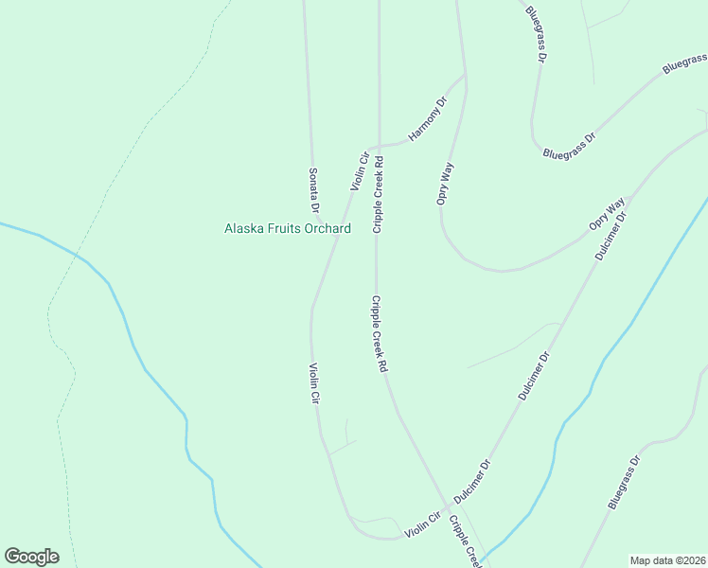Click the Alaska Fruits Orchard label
[x=287, y=228]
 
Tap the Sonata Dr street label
[x=314, y=189]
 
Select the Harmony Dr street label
[x=427, y=120]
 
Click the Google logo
[x=31, y=557]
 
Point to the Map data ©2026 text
[x=668, y=560]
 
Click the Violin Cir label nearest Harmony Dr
[x=359, y=170]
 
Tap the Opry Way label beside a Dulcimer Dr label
[x=607, y=215]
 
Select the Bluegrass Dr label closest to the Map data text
[x=625, y=483]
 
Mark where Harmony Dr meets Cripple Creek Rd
[x=379, y=147]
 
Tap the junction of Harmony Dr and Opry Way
[x=464, y=76]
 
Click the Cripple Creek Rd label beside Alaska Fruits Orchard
[x=379, y=196]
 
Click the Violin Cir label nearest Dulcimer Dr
[x=423, y=526]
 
